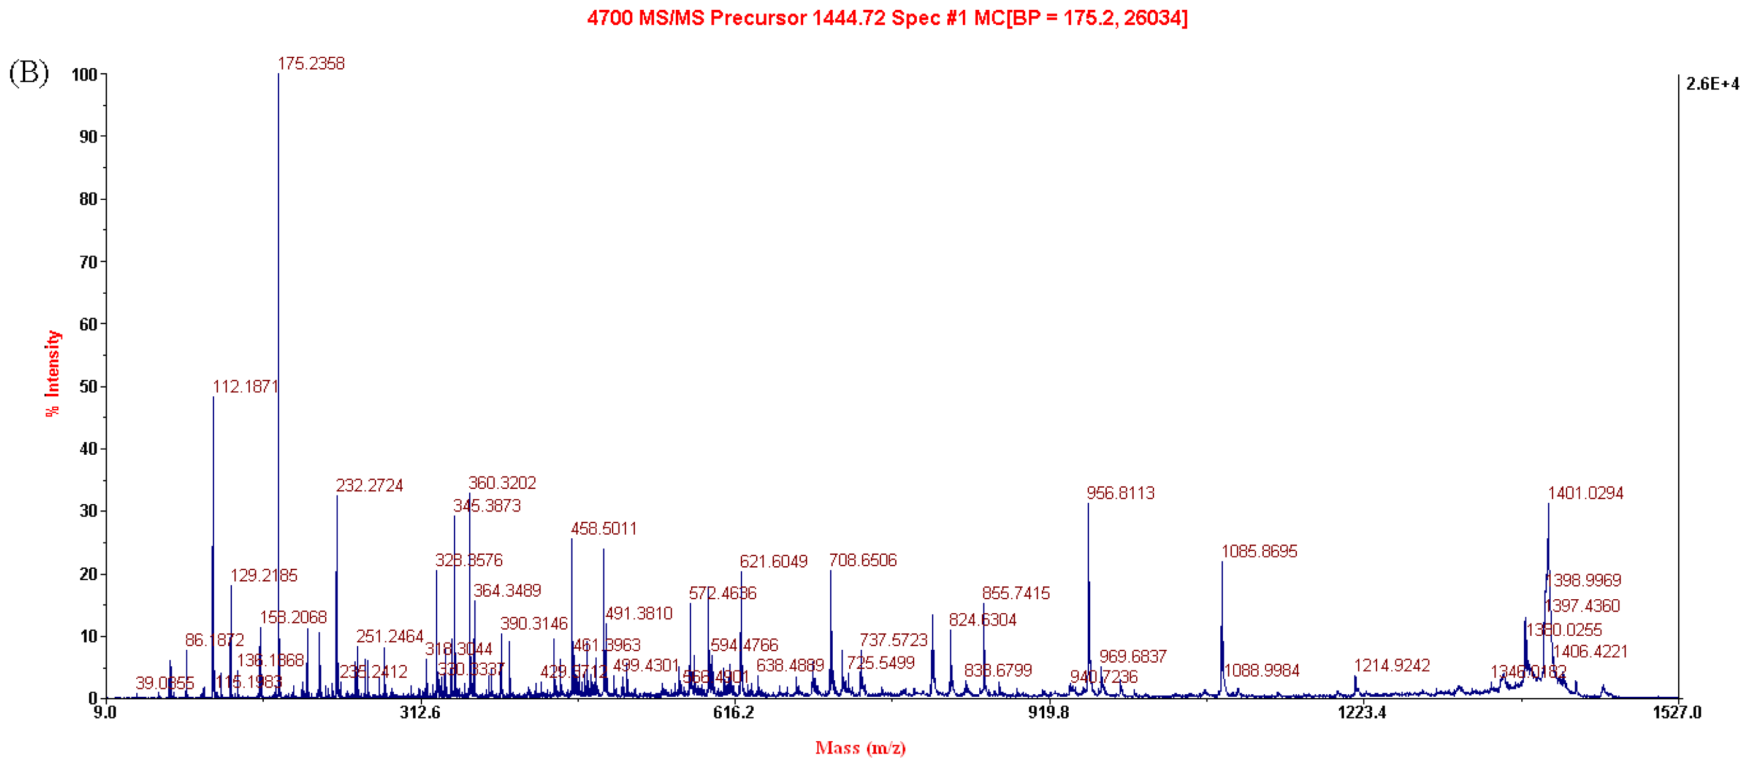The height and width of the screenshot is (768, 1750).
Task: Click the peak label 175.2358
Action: click(311, 64)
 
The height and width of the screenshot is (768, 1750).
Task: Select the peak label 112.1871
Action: click(245, 387)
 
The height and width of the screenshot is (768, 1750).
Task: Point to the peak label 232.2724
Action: click(369, 486)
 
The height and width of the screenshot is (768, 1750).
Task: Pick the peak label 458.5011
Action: click(604, 529)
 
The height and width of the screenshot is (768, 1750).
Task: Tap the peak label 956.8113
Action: click(1120, 493)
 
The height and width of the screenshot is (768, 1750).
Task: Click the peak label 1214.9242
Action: click(1391, 665)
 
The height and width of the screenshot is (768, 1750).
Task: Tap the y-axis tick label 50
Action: click(88, 387)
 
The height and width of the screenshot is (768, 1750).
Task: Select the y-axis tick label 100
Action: click(85, 75)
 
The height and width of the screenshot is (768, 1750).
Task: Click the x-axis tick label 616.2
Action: click(733, 712)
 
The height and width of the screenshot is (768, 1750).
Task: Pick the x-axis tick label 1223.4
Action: click(1361, 712)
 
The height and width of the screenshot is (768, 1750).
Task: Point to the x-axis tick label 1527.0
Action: click(1677, 712)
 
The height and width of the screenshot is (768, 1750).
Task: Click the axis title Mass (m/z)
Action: click(860, 748)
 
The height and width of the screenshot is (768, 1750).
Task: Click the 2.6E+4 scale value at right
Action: click(1712, 84)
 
